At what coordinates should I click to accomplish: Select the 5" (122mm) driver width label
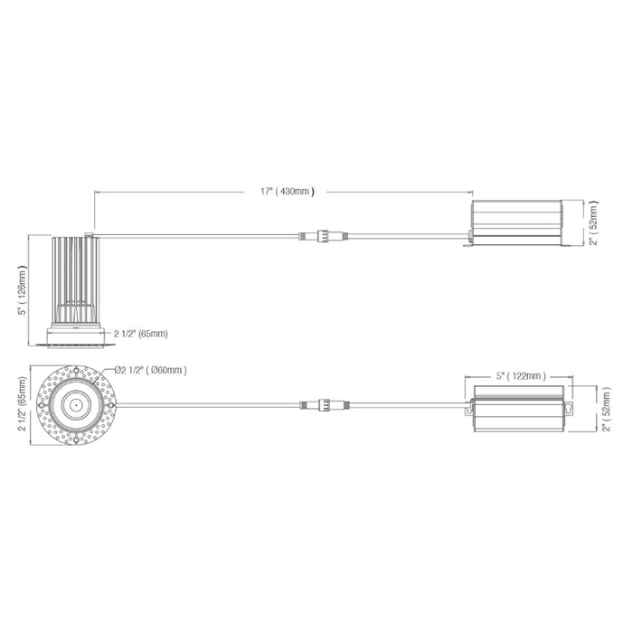point(518,373)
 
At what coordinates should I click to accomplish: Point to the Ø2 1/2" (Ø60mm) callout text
point(151,370)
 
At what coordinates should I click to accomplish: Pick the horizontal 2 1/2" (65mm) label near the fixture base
point(140,334)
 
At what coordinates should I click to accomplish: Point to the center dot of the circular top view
point(76,405)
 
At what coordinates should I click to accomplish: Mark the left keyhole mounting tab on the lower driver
point(470,410)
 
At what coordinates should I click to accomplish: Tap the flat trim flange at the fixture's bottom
point(76,345)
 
